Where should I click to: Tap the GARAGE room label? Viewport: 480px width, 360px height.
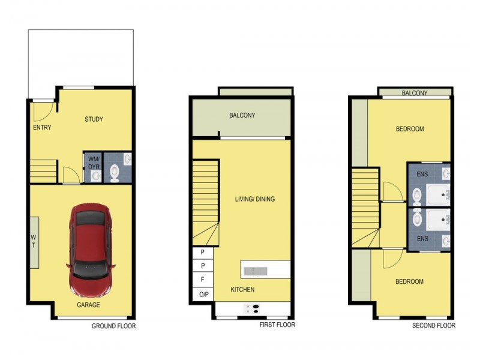point(88,305)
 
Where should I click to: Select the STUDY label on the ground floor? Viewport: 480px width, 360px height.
point(94,119)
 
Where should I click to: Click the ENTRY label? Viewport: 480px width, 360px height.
point(42,127)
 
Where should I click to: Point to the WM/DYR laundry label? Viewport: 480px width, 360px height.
point(94,162)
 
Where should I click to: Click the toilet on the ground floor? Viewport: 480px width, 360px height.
point(115,173)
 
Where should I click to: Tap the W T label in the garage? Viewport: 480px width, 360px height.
point(34,241)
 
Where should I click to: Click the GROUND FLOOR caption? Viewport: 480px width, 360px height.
point(113,326)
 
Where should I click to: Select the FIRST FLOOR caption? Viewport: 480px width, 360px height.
point(277,325)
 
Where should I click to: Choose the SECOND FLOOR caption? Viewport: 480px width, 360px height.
point(434,326)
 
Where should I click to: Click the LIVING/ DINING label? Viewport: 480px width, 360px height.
point(254,199)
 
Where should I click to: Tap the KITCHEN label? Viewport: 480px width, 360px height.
point(243,290)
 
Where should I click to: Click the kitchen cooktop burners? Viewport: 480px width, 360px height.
point(252,309)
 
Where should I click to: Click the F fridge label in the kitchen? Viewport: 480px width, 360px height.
point(203,280)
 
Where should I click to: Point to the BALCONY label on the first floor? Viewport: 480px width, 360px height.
point(242,116)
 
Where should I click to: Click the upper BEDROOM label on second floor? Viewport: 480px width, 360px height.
point(410,129)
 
